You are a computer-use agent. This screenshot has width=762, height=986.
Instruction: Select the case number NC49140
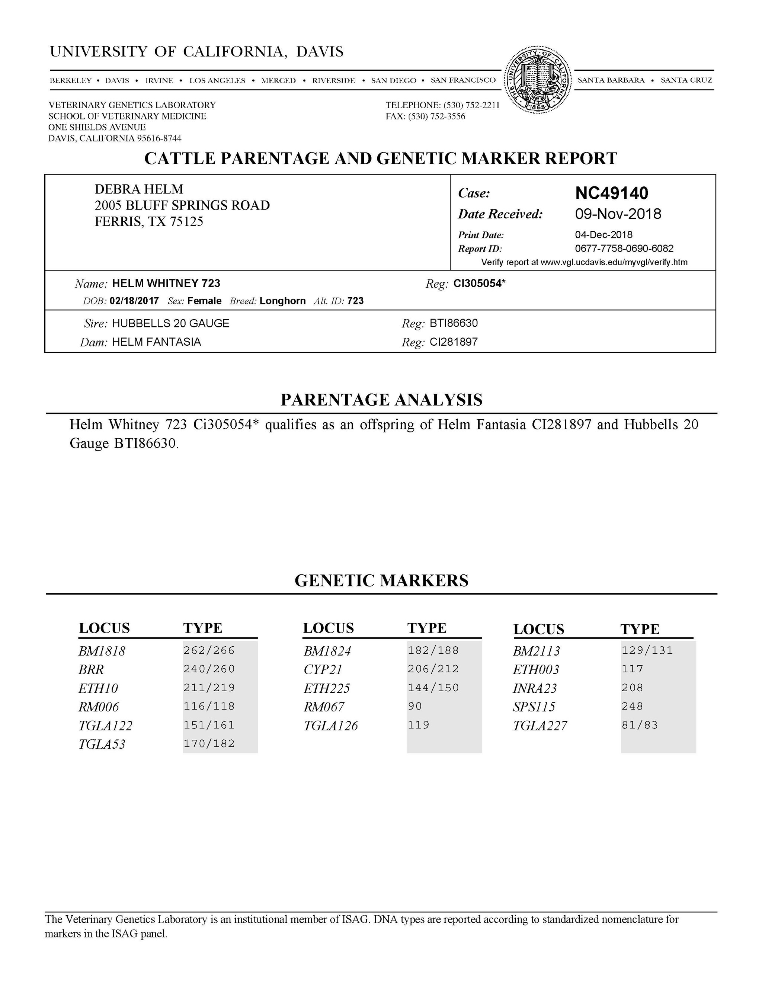tap(611, 193)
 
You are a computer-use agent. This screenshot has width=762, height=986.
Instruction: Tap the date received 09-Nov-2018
tap(618, 214)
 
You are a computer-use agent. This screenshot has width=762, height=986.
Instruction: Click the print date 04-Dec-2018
tap(603, 235)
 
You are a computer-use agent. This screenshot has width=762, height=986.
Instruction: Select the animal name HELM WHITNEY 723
tap(166, 284)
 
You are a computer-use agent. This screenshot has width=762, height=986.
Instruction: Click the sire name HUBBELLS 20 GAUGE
tap(171, 323)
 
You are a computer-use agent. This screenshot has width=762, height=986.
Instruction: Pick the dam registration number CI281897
tap(454, 342)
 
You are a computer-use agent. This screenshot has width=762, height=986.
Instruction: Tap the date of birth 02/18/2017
tap(134, 301)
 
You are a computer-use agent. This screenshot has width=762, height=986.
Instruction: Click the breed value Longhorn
tap(283, 301)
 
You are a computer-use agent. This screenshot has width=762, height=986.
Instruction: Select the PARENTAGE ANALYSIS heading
tap(381, 400)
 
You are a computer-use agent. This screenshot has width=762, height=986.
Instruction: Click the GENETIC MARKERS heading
tap(381, 580)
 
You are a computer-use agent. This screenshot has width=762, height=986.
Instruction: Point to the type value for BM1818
tap(209, 650)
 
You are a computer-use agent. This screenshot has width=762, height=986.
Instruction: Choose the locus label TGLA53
tap(102, 745)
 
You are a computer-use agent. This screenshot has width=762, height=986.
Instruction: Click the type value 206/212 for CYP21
tap(433, 669)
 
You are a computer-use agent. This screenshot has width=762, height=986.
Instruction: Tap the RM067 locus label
tap(324, 707)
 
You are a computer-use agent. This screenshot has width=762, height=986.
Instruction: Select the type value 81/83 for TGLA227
tap(640, 726)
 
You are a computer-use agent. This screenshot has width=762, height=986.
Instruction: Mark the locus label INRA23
tap(535, 688)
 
